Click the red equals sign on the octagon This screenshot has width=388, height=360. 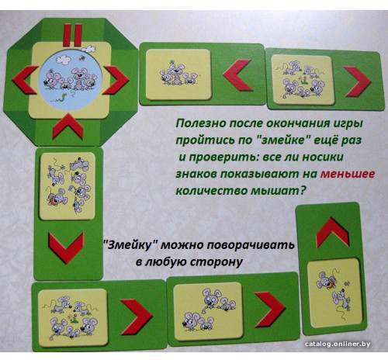coord(73,35)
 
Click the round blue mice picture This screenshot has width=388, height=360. coord(70,80)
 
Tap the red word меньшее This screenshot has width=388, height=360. coord(348,174)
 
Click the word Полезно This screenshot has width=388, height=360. coord(200,123)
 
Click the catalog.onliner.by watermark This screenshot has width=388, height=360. coord(338,344)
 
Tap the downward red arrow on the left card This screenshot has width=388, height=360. coord(67,247)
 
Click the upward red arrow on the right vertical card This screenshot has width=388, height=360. coord(333,231)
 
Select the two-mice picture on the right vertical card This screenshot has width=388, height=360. coord(335,294)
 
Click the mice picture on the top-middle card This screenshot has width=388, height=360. coord(178,74)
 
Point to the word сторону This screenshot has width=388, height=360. coord(217,261)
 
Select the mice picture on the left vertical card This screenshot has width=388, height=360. coord(68,186)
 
